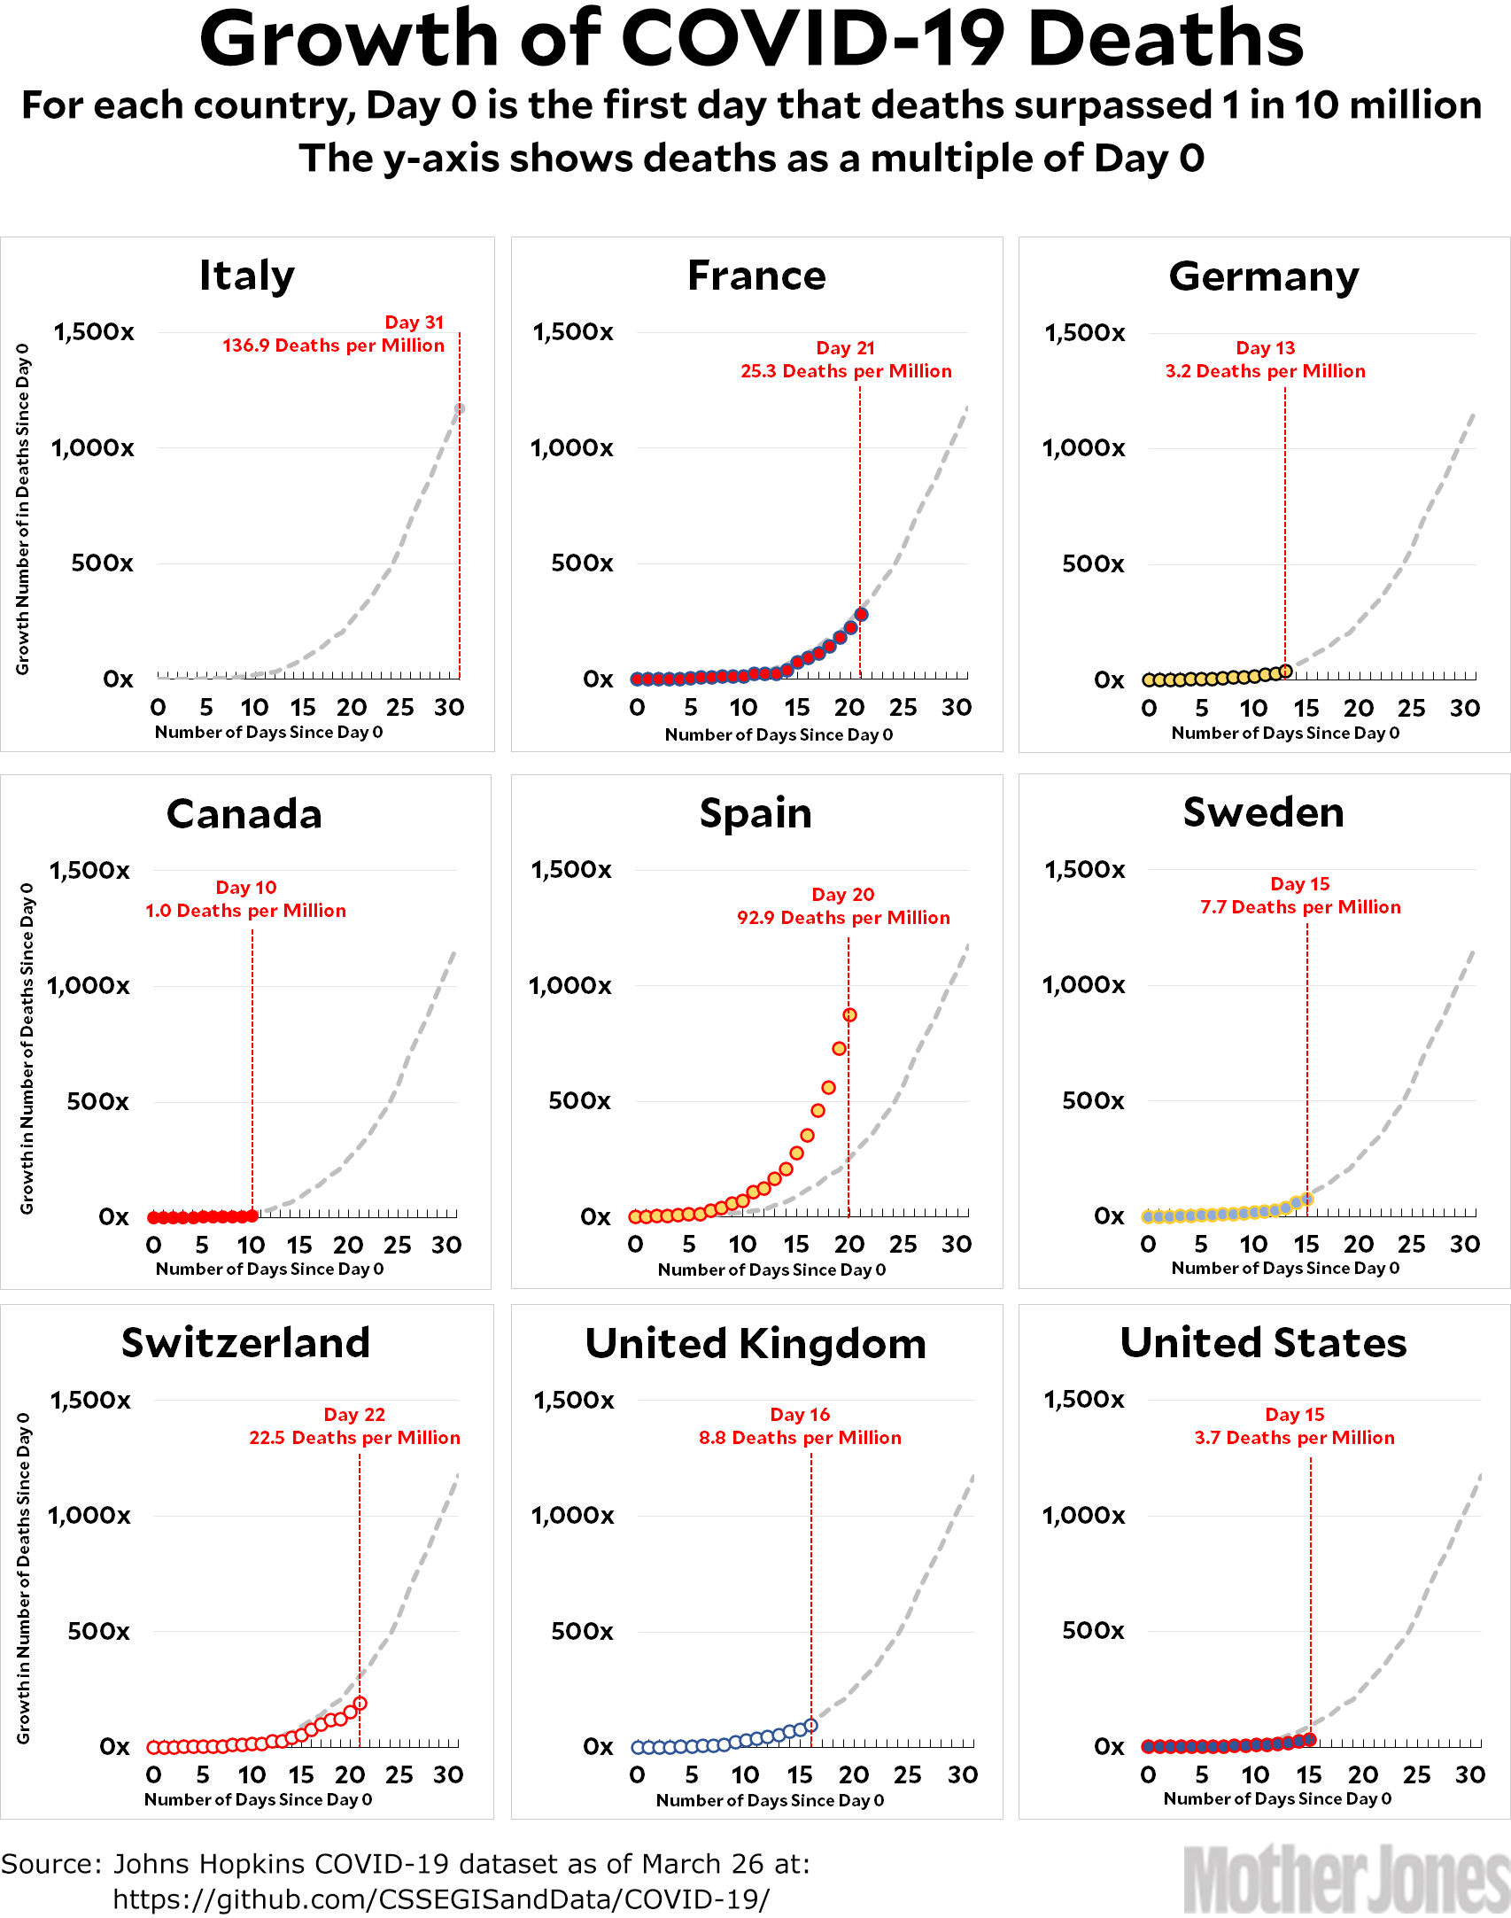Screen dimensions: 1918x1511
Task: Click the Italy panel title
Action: pos(247,276)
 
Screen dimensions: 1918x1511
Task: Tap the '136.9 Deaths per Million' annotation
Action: pos(333,346)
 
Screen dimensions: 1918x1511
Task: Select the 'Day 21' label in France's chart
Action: pos(845,348)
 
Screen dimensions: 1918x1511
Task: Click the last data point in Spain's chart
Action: pos(849,1015)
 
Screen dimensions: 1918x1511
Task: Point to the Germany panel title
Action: pos(1264,276)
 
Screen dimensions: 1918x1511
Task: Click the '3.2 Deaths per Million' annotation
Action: pos(1265,371)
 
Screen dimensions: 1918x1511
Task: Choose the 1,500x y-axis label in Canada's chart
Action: pos(89,871)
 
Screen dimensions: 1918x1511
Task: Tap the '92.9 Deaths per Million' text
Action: pos(843,918)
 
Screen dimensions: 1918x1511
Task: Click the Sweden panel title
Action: pos(1264,812)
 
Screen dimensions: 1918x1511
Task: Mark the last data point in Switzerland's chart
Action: pos(360,1703)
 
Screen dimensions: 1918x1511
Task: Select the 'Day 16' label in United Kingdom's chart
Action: pos(800,1415)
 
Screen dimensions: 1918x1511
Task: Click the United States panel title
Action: pos(1264,1343)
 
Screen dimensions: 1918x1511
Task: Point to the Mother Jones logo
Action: pos(1346,1878)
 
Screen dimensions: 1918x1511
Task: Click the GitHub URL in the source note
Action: pos(441,1899)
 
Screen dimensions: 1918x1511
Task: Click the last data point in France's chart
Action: pos(861,614)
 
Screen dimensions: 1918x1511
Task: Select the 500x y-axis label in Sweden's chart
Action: pos(1093,1101)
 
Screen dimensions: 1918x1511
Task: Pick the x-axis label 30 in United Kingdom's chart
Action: pos(963,1775)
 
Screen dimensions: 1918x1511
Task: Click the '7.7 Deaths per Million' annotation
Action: pos(1300,907)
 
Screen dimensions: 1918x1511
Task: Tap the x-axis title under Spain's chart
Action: pos(771,1270)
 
